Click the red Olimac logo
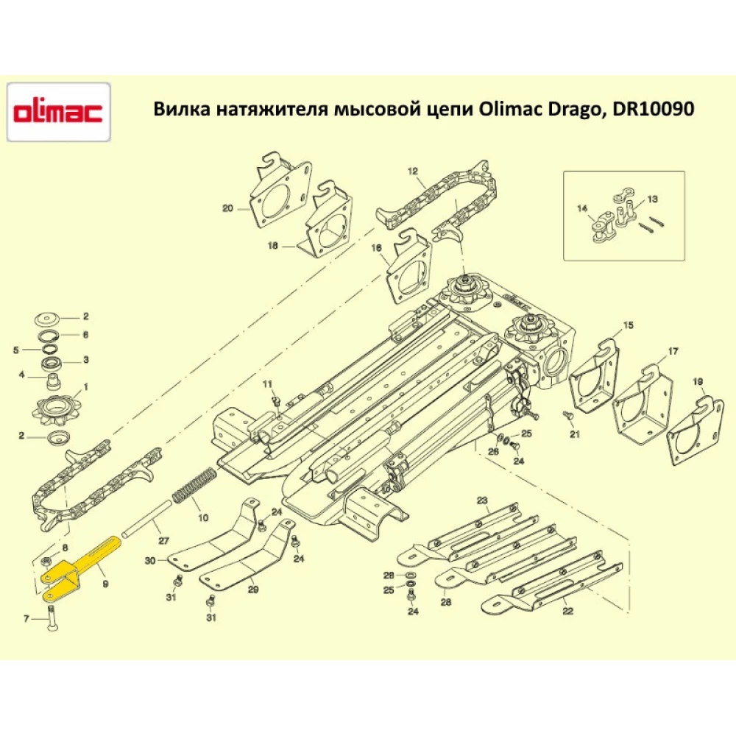point(59,113)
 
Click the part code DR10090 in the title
point(651,109)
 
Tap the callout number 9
point(105,582)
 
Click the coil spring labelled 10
point(194,486)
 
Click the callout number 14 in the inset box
point(582,209)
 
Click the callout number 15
point(628,325)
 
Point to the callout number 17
point(673,350)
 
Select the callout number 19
point(698,381)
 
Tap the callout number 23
point(482,500)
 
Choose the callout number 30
point(150,561)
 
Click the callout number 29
point(253,590)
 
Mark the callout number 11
point(268,383)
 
